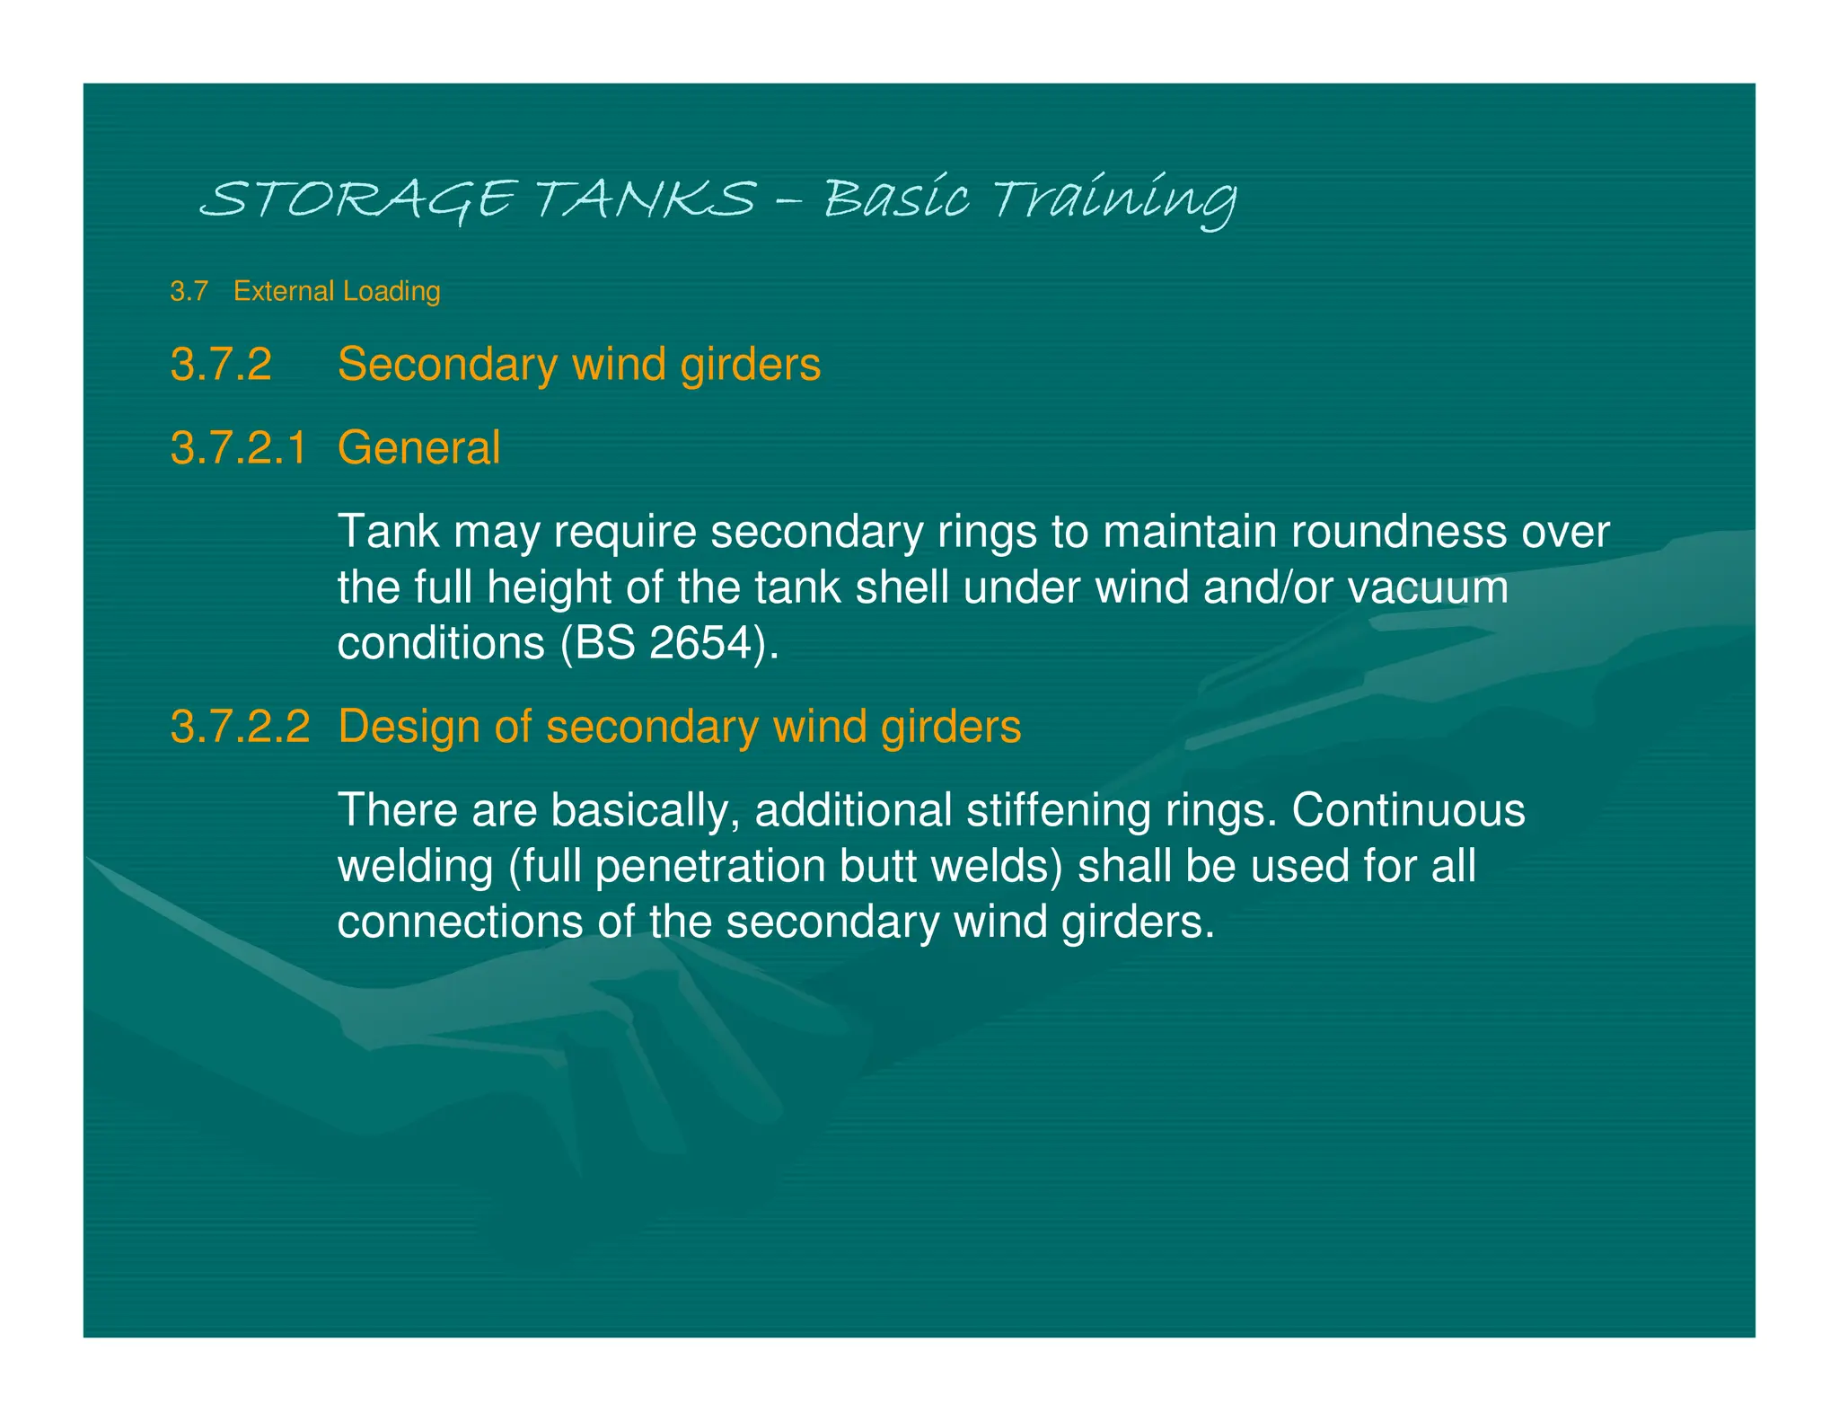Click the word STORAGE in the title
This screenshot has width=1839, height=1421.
click(357, 199)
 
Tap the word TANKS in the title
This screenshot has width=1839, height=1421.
click(646, 199)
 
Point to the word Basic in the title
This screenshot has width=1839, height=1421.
click(896, 199)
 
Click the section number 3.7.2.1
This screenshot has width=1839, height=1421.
click(239, 447)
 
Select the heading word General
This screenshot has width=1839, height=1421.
click(418, 447)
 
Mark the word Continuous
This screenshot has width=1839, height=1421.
click(1408, 810)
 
